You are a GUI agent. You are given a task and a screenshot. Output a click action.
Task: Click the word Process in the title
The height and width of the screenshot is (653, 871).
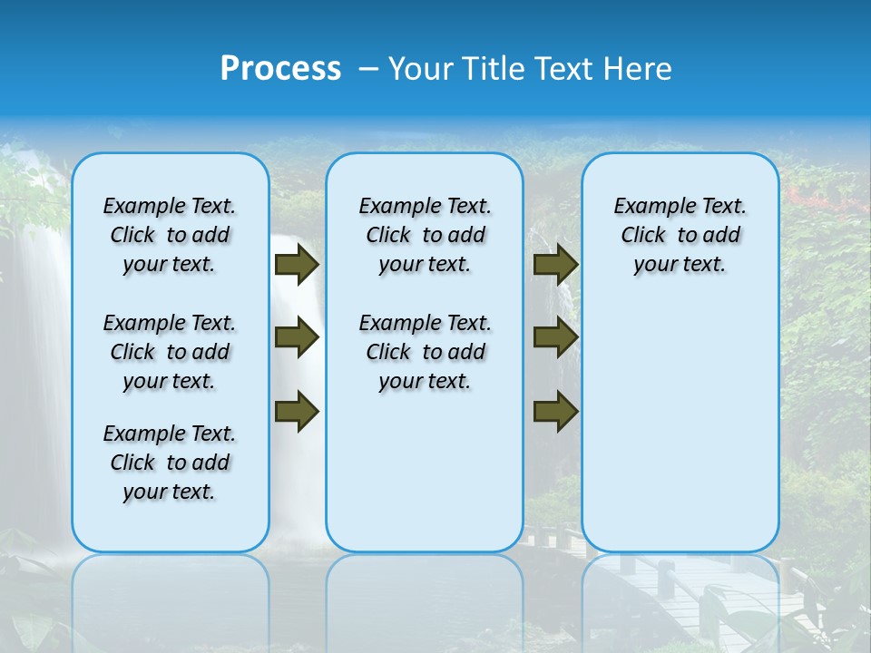[x=280, y=69]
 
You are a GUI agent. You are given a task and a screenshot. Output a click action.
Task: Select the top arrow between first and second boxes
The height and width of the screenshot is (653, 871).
[x=297, y=265]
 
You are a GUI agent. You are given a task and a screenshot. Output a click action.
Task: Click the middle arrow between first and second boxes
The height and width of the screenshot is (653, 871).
[x=297, y=338]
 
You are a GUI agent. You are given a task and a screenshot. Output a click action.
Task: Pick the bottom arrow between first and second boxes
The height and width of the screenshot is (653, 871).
[x=297, y=411]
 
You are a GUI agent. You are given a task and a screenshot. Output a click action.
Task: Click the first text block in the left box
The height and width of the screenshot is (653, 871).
[x=170, y=235]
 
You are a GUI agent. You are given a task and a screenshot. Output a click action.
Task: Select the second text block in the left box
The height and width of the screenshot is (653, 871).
[x=170, y=352]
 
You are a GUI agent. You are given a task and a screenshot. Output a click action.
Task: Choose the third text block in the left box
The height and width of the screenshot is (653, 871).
[x=170, y=463]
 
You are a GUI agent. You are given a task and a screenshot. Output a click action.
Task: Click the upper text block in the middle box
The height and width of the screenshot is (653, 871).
[x=425, y=235]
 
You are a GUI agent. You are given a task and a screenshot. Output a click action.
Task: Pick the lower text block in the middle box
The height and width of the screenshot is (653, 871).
[x=425, y=352]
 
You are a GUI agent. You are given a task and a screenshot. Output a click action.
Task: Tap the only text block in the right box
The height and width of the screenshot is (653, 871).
[x=680, y=235]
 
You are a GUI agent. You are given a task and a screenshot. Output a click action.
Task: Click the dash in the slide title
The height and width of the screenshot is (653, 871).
[x=367, y=69]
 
